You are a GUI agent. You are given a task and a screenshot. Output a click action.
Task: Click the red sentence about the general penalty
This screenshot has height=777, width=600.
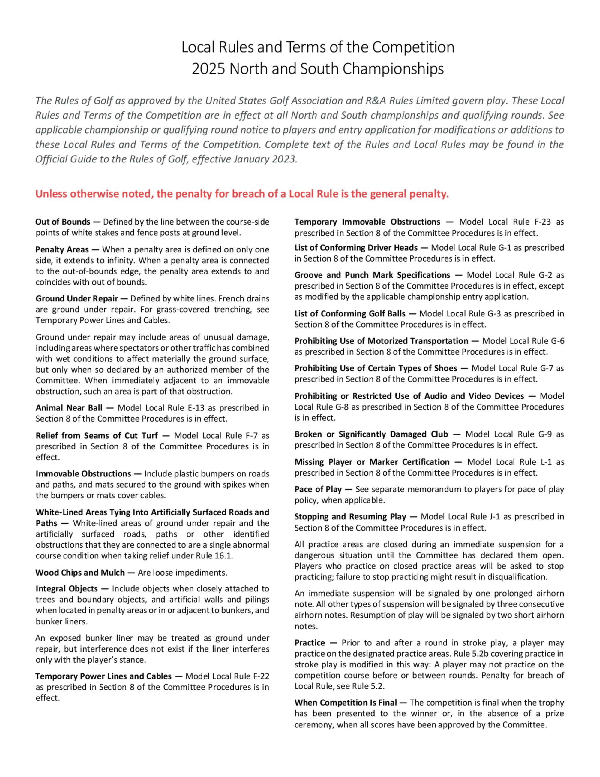(242, 194)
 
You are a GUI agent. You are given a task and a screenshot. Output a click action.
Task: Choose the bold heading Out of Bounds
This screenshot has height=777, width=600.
(63, 222)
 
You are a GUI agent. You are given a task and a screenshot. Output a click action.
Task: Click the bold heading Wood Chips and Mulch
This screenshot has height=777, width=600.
(80, 573)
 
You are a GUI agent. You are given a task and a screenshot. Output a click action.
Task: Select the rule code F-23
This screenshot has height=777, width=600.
(542, 222)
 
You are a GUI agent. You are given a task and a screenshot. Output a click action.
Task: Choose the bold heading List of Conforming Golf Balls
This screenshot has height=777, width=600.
(350, 313)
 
